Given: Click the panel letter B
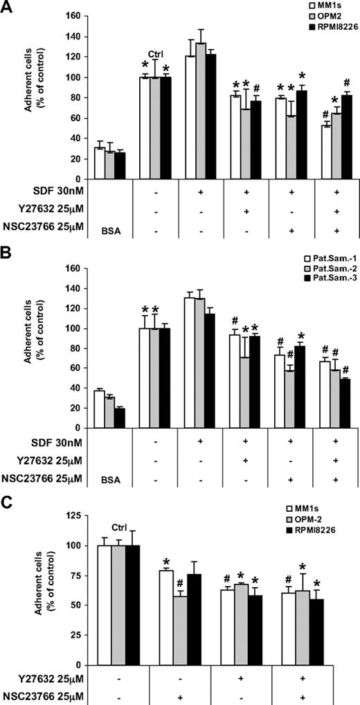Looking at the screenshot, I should tap(8, 247).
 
